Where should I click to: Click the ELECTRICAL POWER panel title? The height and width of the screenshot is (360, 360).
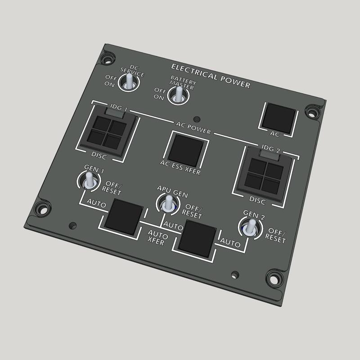click(x=211, y=74)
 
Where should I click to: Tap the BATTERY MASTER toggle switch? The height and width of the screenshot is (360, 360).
click(x=179, y=94)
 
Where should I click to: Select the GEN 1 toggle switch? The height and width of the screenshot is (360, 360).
click(x=89, y=181)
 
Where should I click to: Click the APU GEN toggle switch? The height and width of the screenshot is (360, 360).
click(x=168, y=203)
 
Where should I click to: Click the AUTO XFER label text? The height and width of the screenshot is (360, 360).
click(x=157, y=239)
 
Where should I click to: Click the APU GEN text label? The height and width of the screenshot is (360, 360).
click(x=172, y=189)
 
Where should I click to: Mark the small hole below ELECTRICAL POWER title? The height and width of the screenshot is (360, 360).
click(x=196, y=119)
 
